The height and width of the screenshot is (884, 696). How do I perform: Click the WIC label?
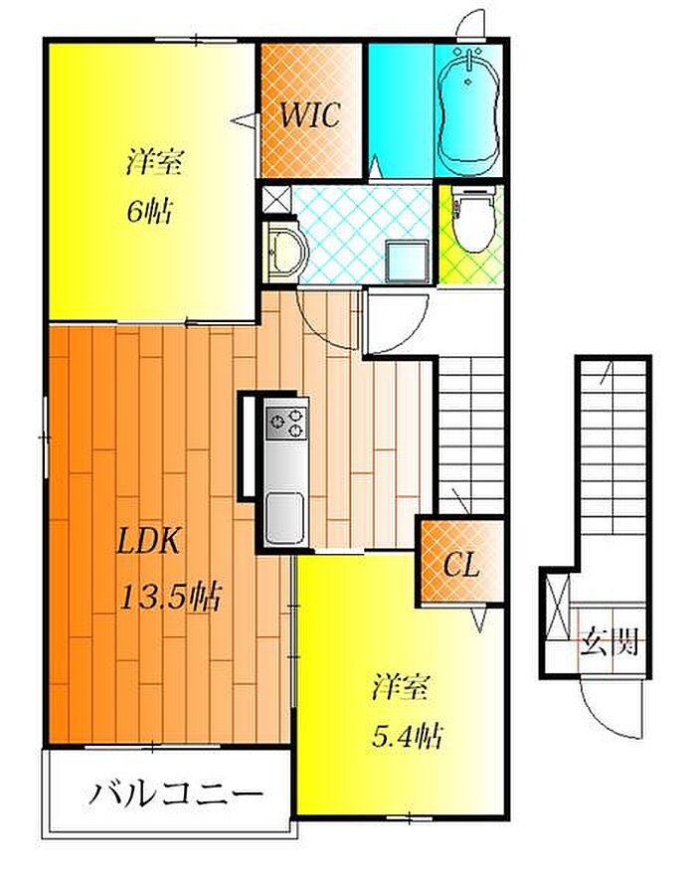coord(310,115)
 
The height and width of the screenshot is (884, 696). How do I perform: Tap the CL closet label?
coord(461,564)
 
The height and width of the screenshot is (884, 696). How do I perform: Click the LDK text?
coord(148,541)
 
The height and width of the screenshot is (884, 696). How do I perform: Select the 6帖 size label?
coord(149,212)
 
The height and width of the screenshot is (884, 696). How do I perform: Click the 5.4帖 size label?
coord(407,736)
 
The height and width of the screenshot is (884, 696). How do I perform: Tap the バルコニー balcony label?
coord(176,795)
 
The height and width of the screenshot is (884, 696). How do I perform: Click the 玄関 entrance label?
coord(610,641)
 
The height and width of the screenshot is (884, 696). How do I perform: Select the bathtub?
coord(469,110)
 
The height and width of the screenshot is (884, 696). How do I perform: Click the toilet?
coord(472,222)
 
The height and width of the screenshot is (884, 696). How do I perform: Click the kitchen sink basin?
coord(285,517)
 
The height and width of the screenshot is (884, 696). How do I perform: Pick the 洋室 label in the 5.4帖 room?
coord(401,686)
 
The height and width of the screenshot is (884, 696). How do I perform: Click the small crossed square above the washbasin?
coord(276,200)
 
